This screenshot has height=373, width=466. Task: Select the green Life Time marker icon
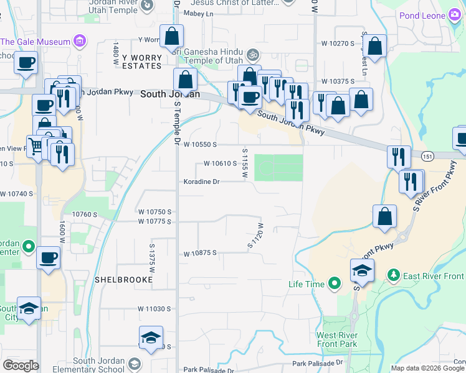tap(334, 284)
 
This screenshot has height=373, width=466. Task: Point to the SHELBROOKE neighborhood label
tap(123, 280)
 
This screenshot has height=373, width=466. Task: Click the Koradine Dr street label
tap(201, 182)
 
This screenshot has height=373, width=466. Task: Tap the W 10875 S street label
tap(199, 254)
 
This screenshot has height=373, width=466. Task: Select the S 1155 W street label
tap(245, 163)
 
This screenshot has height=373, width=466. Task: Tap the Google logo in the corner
tap(21, 366)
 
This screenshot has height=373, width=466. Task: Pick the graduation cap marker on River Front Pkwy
tap(361, 270)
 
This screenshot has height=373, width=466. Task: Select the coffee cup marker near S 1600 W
tap(48, 257)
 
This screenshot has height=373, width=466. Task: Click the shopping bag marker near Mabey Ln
tap(171, 36)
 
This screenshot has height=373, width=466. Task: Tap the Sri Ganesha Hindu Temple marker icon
tap(253, 55)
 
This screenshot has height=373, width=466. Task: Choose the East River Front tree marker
tap(393, 275)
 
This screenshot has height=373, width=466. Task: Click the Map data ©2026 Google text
tap(427, 368)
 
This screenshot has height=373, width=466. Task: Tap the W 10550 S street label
tap(200, 144)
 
